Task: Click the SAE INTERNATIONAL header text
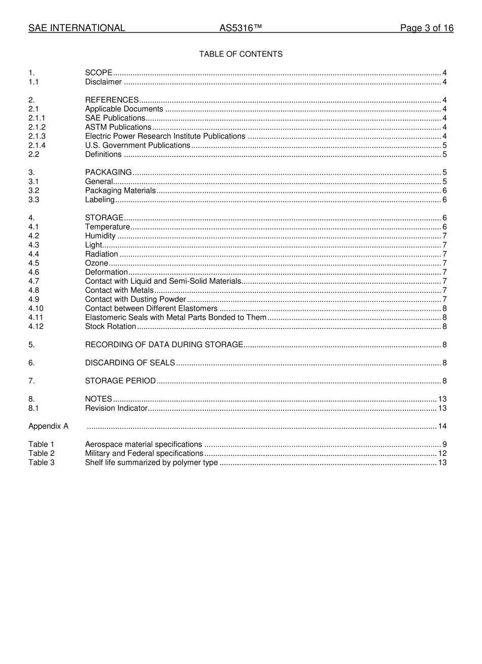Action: (77, 28)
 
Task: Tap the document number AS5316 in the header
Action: (240, 28)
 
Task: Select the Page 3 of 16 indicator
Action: (426, 28)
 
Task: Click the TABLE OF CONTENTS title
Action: (240, 54)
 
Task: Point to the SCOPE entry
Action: (98, 73)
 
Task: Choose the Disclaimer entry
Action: (103, 82)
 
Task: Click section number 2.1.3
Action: (37, 137)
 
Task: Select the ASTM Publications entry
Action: (118, 127)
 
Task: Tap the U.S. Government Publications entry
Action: (137, 146)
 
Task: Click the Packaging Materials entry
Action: (120, 191)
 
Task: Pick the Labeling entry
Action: (99, 200)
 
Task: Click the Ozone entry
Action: (96, 263)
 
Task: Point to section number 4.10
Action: (36, 309)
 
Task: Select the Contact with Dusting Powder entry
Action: (135, 300)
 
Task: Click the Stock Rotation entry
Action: (110, 327)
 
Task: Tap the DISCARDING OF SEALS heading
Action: (130, 363)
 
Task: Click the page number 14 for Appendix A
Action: (442, 426)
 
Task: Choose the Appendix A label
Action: (48, 426)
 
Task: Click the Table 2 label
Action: (41, 453)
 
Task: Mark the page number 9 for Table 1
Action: (444, 445)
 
